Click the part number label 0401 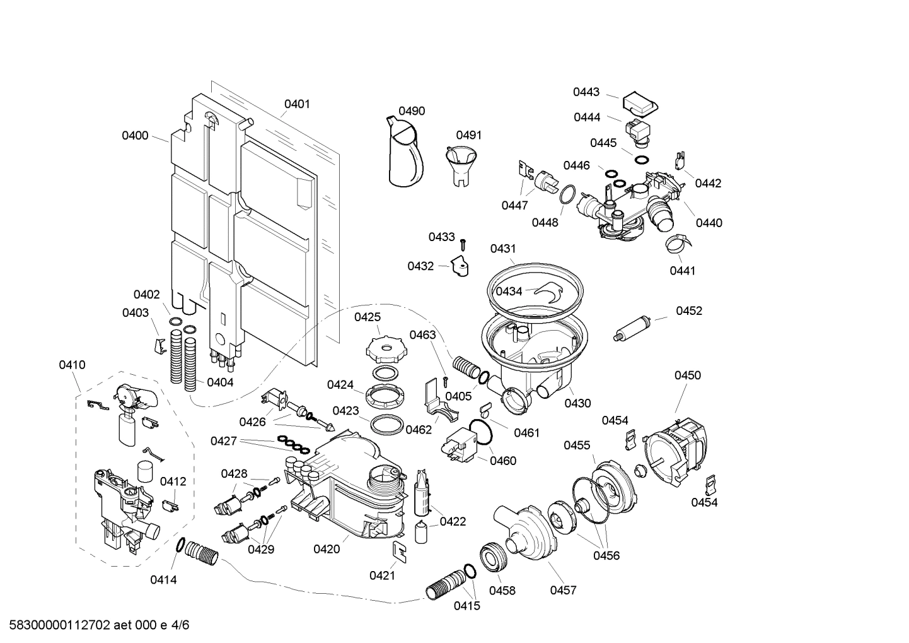coord(296,104)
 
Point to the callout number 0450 coord(687,375)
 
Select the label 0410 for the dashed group coord(72,365)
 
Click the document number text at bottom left coord(95,625)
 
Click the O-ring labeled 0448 coord(567,194)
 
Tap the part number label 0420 coord(327,549)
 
